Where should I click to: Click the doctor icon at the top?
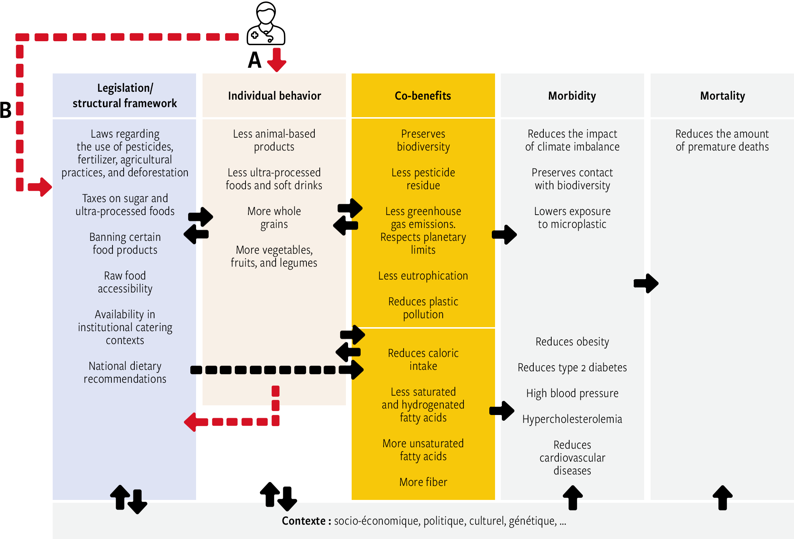coord(266,23)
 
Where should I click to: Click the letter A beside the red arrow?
coord(255,60)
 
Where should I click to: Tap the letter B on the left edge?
coord(5,110)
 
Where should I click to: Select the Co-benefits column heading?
coord(423,96)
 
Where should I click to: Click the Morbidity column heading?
coord(572,96)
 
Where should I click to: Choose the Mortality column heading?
coord(722,96)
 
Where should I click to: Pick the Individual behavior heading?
coord(274,96)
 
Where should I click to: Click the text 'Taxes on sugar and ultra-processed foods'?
coord(125,205)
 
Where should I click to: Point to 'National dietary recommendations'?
coord(125,372)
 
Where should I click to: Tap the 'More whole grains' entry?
coord(274,218)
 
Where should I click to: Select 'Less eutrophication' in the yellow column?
coord(423,276)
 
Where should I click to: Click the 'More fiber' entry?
coord(423,482)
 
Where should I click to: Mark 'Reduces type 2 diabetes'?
coord(572,367)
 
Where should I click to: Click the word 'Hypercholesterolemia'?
coord(572,419)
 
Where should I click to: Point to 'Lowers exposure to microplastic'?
coord(572,218)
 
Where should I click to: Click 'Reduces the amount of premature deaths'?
coord(722,140)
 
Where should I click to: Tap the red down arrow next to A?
coord(276,60)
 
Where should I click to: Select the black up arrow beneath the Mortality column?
coord(722,497)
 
